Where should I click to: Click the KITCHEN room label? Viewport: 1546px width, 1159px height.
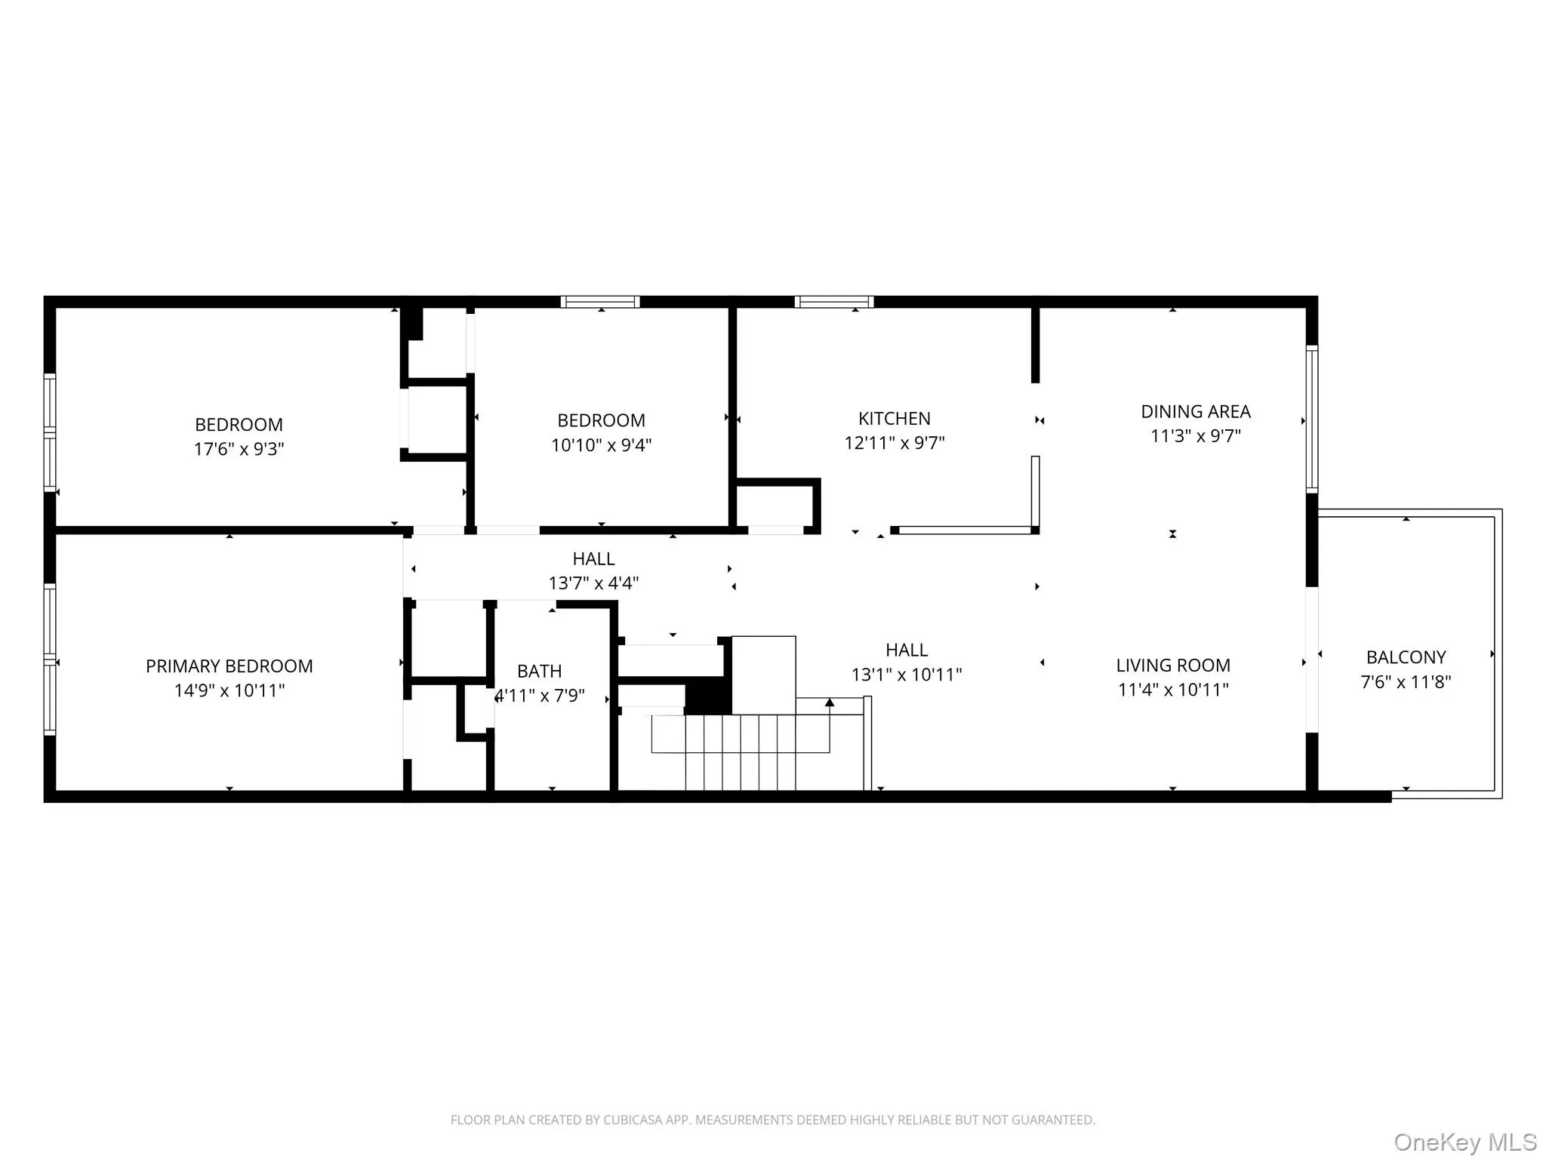click(x=894, y=419)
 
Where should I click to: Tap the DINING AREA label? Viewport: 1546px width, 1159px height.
click(x=1195, y=412)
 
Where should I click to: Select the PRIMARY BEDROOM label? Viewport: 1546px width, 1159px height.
click(x=229, y=666)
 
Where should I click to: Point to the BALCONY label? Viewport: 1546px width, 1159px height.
click(x=1406, y=657)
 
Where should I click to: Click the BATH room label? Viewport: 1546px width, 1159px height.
click(x=539, y=671)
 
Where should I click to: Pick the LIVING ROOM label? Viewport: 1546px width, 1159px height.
click(x=1172, y=666)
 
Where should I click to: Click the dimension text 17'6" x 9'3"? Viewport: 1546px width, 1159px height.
click(x=239, y=449)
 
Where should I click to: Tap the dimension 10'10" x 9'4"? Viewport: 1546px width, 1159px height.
click(x=601, y=445)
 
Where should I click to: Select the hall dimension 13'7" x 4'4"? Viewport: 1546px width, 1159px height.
click(x=593, y=583)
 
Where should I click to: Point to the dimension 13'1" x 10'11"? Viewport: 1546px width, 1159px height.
click(x=906, y=675)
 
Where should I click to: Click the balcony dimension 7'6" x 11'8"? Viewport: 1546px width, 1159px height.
click(x=1406, y=682)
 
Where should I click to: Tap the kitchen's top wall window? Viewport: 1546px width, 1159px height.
click(x=834, y=302)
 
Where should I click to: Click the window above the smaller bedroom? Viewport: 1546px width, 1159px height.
click(x=600, y=302)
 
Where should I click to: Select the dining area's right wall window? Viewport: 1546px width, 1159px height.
click(x=1312, y=420)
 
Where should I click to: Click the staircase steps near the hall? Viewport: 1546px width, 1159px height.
click(x=740, y=751)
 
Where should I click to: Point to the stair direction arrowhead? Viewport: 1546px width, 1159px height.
click(x=830, y=702)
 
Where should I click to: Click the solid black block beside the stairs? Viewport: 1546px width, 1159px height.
click(x=707, y=696)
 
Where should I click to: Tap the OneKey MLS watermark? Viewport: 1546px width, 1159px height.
click(x=1464, y=1142)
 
